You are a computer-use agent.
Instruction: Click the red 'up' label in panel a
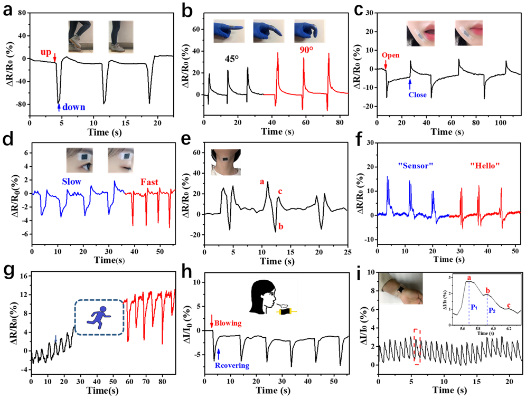[x=46, y=52]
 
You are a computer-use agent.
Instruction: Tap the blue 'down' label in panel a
[x=74, y=107]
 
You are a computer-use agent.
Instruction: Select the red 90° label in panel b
[x=306, y=50]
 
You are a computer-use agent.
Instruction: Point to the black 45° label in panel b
[x=232, y=59]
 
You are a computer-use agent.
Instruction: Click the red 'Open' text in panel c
[x=390, y=55]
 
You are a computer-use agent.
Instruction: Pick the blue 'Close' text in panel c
[x=417, y=95]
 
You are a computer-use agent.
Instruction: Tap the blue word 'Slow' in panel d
[x=71, y=182]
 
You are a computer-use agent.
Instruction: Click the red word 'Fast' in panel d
[x=149, y=182]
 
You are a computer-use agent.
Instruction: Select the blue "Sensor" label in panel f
[x=416, y=166]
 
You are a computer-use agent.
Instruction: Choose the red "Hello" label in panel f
[x=485, y=166]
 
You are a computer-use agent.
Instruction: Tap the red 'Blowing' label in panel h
[x=228, y=323]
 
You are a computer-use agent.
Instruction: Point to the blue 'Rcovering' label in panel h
[x=232, y=365]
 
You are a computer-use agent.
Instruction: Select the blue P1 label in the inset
[x=474, y=307]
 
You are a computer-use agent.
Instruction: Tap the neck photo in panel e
[x=226, y=163]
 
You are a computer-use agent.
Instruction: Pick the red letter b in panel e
[x=281, y=226]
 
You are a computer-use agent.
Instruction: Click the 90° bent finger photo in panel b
[x=309, y=31]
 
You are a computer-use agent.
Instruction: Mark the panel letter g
[x=9, y=271]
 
